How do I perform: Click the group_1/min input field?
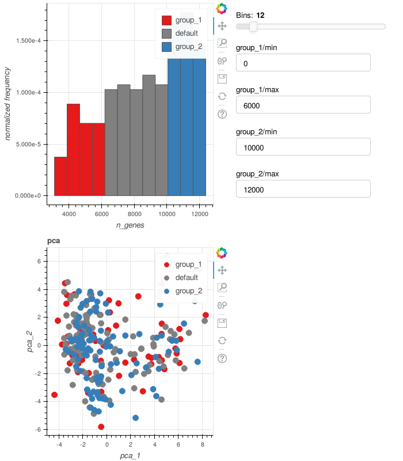pos(303,63)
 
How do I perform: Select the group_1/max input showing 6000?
pos(303,105)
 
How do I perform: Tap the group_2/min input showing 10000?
pos(303,148)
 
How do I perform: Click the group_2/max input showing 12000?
pos(303,189)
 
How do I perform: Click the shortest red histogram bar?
pos(60,176)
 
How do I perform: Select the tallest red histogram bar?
pos(73,150)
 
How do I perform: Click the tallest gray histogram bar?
pos(149,135)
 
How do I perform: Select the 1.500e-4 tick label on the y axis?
pos(28,41)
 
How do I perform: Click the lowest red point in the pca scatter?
pos(101,427)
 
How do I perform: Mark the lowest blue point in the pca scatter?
pos(136,418)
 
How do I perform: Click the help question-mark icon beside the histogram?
pos(223,114)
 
